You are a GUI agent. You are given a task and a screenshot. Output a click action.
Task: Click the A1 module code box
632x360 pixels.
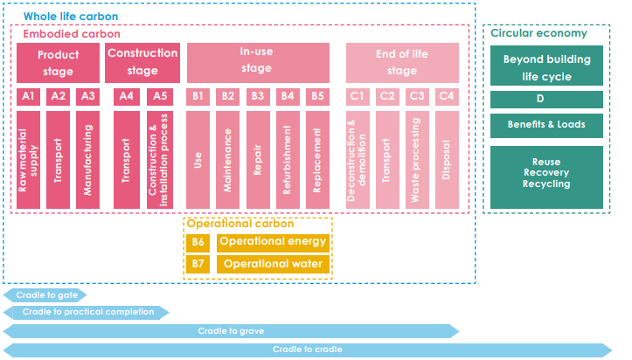click(28, 96)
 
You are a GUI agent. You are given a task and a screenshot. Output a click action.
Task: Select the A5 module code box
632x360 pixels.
click(158, 96)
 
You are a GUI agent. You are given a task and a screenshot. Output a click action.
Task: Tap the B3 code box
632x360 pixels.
click(258, 96)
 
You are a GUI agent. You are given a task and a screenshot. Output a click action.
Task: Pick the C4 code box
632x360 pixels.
click(447, 96)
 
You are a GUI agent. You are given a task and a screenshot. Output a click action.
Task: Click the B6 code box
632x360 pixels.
click(198, 242)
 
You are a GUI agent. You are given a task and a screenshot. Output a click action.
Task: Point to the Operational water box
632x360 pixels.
click(274, 263)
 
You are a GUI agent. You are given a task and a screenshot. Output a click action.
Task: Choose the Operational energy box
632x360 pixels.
click(274, 242)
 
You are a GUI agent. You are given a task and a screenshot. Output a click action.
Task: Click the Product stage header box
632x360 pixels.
click(58, 62)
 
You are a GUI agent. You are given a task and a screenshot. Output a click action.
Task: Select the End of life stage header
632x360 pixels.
click(402, 62)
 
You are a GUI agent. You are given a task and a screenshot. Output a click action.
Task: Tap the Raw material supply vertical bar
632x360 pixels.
click(28, 160)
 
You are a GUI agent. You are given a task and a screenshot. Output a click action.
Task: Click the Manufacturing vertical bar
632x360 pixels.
click(87, 160)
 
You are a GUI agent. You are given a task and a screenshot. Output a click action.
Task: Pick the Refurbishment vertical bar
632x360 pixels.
click(288, 160)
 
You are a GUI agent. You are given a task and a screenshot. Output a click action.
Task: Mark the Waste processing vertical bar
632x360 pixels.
click(417, 160)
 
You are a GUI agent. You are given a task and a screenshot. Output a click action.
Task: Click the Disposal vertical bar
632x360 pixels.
click(447, 160)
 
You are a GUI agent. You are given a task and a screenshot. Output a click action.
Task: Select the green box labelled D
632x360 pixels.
click(546, 99)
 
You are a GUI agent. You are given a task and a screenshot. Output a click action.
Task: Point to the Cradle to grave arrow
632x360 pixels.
click(231, 331)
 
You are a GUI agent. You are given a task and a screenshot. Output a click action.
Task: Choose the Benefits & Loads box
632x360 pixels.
click(546, 125)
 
